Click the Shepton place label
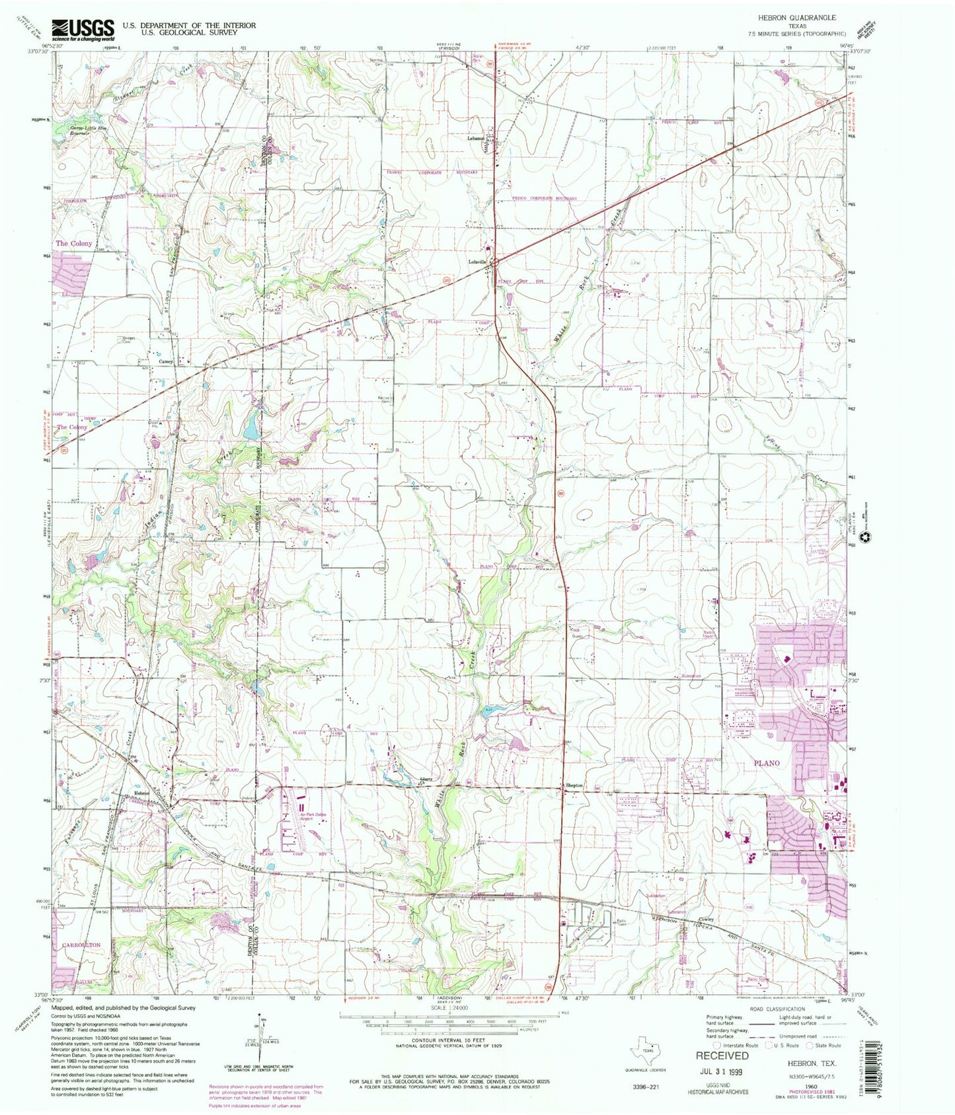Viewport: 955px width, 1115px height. coord(574,785)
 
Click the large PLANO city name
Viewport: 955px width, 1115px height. coord(767,763)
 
